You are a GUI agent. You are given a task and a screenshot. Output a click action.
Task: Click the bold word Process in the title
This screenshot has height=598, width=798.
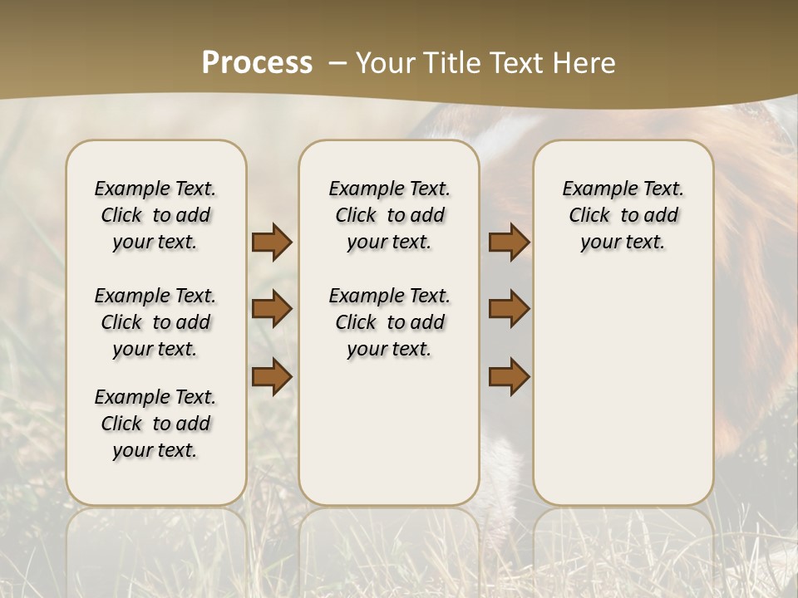coord(257,63)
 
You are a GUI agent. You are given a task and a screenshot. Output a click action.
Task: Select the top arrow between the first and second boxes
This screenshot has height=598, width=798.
coord(272,243)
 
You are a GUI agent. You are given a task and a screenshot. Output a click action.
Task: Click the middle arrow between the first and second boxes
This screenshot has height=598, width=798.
coord(272,309)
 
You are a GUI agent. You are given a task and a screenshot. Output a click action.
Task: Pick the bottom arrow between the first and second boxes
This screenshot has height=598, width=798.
coord(272,376)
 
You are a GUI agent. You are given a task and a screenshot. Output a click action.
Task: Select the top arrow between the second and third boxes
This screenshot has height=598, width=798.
coord(509,243)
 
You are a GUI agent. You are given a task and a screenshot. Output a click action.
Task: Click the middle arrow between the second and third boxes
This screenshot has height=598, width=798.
coord(509,309)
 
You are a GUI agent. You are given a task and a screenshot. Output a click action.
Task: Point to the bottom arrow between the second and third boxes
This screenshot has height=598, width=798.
coord(509,376)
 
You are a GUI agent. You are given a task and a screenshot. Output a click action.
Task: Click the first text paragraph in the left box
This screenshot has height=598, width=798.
coord(155,215)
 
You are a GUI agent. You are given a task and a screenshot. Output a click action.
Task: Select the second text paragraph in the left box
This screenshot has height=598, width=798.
coord(155,322)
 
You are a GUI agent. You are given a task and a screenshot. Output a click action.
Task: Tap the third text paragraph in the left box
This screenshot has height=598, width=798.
coord(155,424)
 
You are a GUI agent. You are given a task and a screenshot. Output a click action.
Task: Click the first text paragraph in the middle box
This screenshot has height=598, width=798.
coord(389,215)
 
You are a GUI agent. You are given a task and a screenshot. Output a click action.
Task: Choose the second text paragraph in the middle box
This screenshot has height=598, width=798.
coord(389,322)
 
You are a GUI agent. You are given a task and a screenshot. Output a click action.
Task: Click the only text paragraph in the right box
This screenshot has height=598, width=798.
coord(623,215)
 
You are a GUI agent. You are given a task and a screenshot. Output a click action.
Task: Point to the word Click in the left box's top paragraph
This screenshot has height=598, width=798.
coord(121,216)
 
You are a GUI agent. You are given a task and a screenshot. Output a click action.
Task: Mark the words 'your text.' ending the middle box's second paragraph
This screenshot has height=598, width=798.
coord(389,350)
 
